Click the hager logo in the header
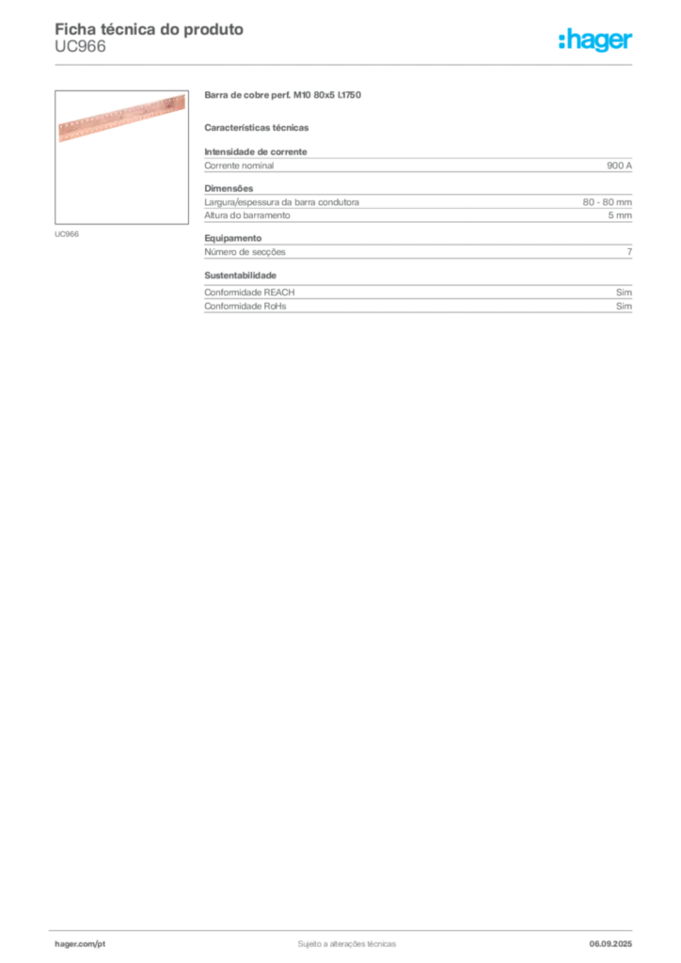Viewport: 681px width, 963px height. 595,40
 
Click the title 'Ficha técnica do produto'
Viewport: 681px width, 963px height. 150,29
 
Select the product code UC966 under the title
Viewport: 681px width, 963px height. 81,47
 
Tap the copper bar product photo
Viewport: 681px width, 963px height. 121,118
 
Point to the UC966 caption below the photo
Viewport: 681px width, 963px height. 67,234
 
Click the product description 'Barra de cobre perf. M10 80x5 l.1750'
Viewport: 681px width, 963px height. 282,95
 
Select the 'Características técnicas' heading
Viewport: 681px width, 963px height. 257,128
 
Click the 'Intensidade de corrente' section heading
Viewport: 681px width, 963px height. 256,151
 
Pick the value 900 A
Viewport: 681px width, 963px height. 619,166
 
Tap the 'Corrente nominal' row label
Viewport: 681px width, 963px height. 239,166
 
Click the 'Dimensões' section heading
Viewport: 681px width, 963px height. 229,188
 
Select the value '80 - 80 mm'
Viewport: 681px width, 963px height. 608,202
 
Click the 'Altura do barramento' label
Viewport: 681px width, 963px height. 246,215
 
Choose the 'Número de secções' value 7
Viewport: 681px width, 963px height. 629,252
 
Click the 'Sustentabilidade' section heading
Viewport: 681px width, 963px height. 240,276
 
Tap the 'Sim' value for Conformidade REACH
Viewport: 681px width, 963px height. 624,292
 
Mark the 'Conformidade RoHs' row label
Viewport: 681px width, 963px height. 245,306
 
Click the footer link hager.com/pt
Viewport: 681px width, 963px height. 80,944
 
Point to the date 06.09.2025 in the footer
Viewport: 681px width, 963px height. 610,944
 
